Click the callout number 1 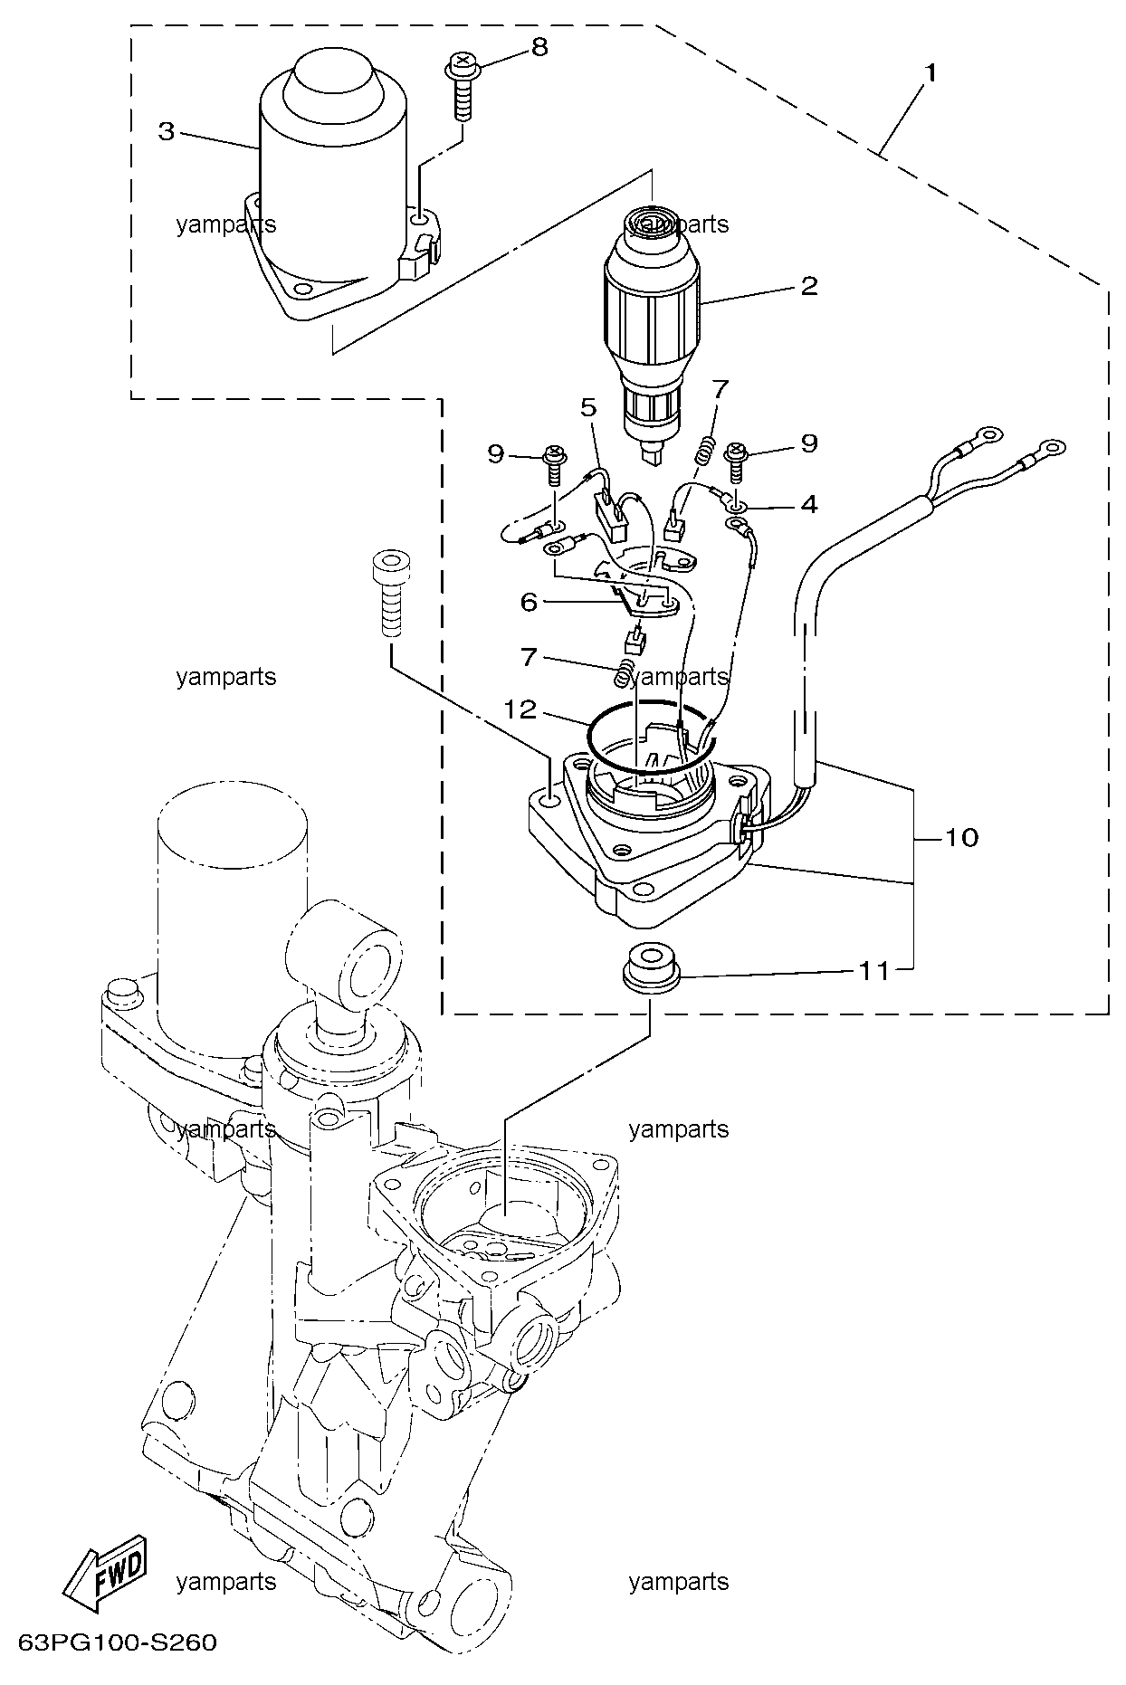tap(930, 72)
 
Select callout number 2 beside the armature tap(808, 286)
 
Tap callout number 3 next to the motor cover tap(166, 132)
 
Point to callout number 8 tap(539, 47)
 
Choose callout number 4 tap(808, 504)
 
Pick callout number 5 tap(589, 408)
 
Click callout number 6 tap(529, 602)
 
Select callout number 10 tap(962, 838)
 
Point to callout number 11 tap(874, 972)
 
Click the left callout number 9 tap(496, 453)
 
